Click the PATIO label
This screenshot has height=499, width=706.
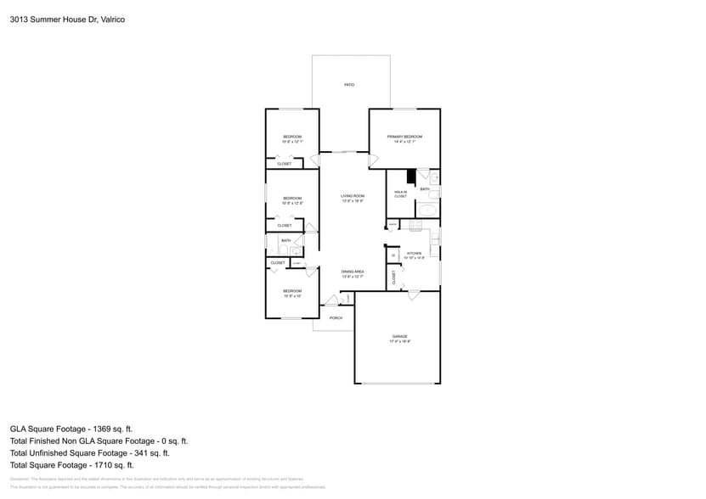348,85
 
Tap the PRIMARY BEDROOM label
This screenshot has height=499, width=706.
404,137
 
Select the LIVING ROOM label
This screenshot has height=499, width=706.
353,196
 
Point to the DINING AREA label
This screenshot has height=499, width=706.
353,272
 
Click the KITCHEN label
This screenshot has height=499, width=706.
414,253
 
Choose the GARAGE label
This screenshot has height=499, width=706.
399,336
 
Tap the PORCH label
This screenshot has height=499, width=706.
336,318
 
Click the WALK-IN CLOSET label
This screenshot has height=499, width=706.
400,194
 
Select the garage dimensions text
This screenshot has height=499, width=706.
399,341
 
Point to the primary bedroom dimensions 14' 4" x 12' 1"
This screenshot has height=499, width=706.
404,142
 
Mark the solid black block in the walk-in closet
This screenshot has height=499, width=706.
410,177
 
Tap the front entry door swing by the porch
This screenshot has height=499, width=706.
331,300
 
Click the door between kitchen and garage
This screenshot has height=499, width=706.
414,294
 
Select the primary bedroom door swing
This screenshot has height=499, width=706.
373,160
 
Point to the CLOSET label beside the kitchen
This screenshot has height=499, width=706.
394,276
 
